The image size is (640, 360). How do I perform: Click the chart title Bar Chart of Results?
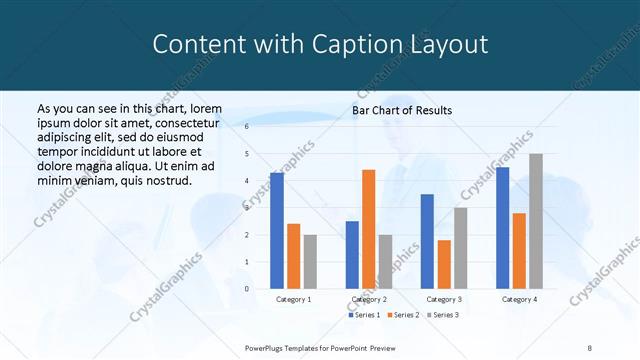click(402, 110)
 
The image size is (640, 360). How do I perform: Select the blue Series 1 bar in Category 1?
click(276, 231)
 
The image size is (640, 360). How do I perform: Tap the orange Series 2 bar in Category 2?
click(368, 229)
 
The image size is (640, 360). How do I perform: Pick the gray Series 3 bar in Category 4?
click(536, 221)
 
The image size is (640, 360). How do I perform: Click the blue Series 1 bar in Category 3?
click(427, 241)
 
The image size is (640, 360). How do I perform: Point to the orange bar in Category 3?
click(444, 264)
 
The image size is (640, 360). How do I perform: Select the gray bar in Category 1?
click(310, 262)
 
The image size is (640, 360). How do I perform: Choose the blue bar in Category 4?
click(502, 228)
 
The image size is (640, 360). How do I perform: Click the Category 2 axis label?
click(370, 299)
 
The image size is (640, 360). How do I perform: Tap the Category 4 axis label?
click(519, 299)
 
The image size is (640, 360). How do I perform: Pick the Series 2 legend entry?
click(404, 315)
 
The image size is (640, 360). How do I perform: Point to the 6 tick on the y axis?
click(247, 127)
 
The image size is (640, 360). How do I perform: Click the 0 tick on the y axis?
click(247, 289)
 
